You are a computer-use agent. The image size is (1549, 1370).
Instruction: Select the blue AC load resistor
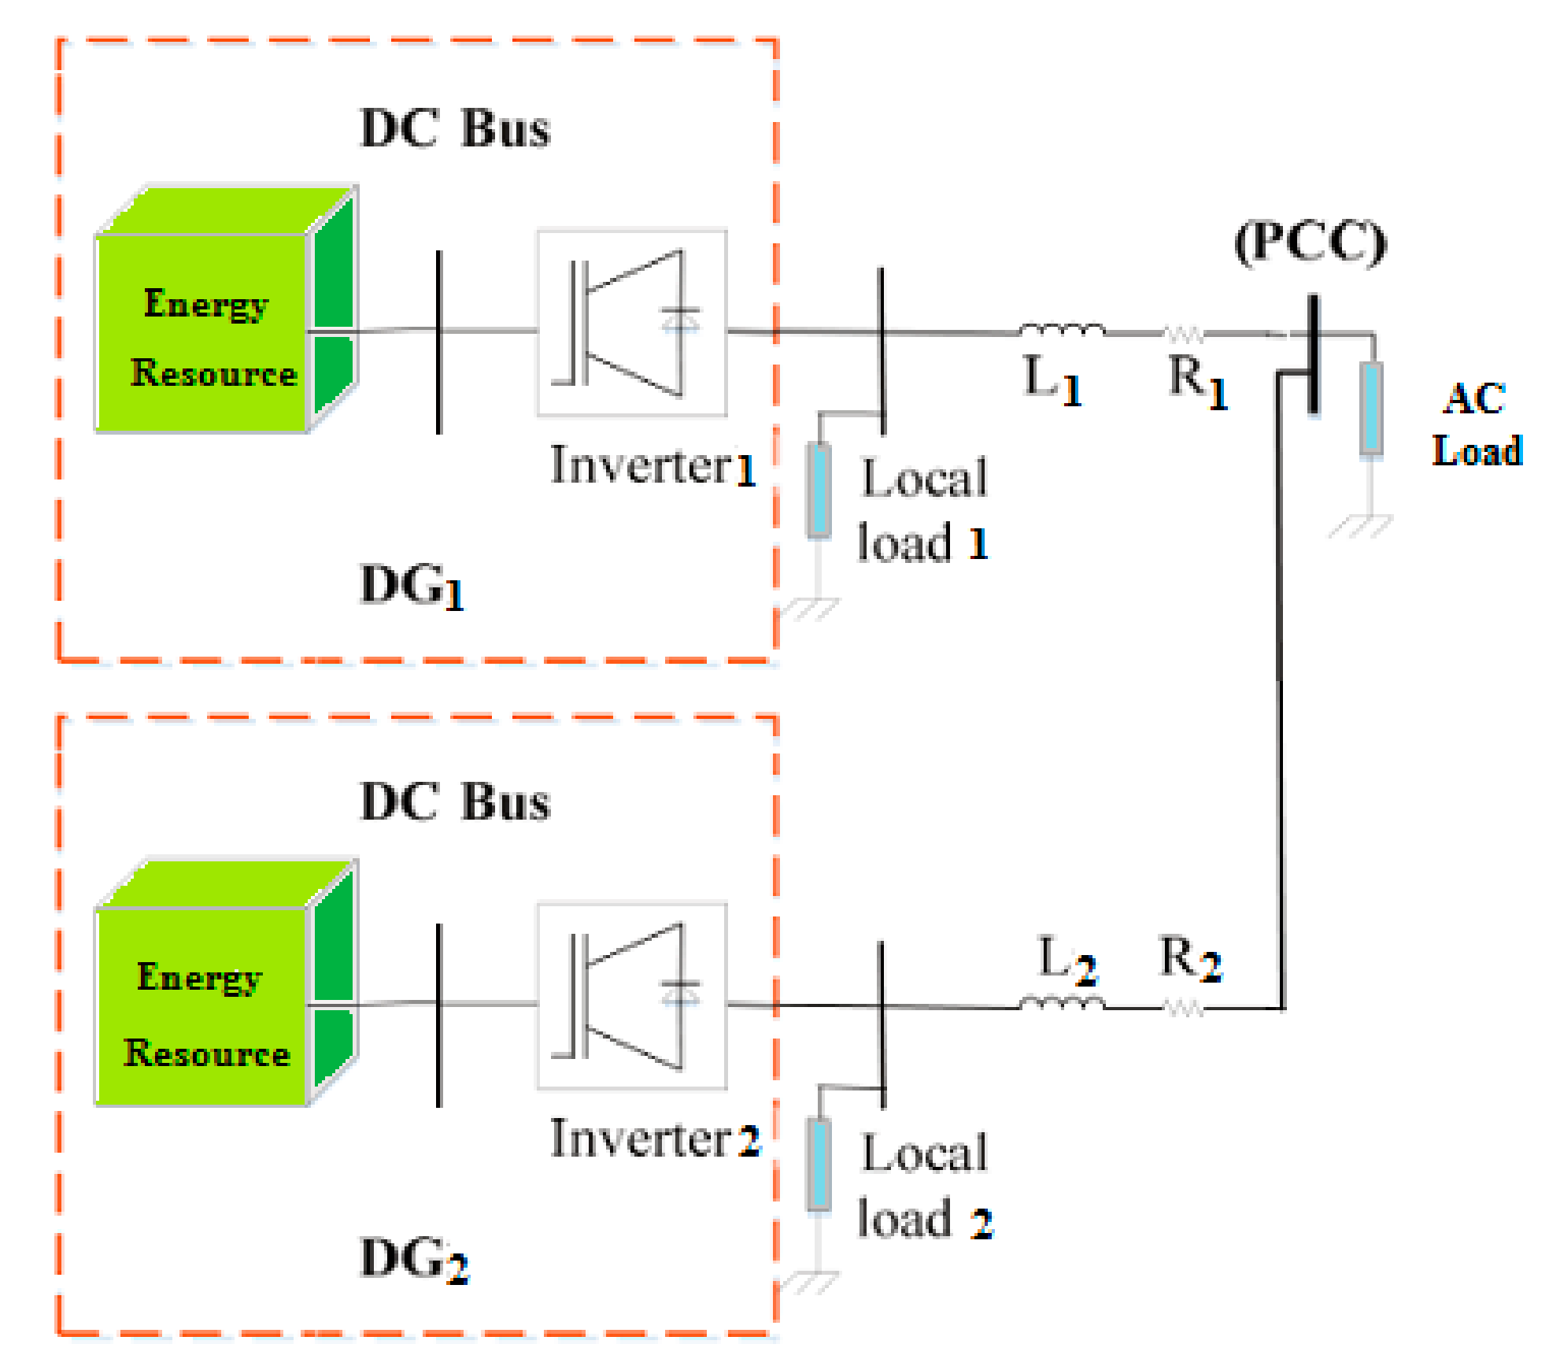point(1371,408)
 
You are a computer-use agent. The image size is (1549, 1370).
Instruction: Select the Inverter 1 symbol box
point(632,323)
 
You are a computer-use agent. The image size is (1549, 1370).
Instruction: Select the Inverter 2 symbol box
point(632,996)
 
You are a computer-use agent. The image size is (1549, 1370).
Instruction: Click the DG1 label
point(412,587)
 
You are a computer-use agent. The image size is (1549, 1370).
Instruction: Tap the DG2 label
point(414,1260)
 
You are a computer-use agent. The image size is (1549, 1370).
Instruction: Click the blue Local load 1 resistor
point(819,491)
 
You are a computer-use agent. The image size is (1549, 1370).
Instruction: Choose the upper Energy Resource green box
point(227,309)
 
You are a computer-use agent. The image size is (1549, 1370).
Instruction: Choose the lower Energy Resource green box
point(227,983)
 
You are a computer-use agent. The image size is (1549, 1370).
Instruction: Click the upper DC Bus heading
point(455,128)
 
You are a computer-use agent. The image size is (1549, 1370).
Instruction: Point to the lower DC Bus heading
point(455,802)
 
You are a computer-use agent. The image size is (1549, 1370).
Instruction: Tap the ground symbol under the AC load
point(1361,526)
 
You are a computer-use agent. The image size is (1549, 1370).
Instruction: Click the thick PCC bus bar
point(1313,354)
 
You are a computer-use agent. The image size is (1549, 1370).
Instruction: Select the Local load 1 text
point(922,510)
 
